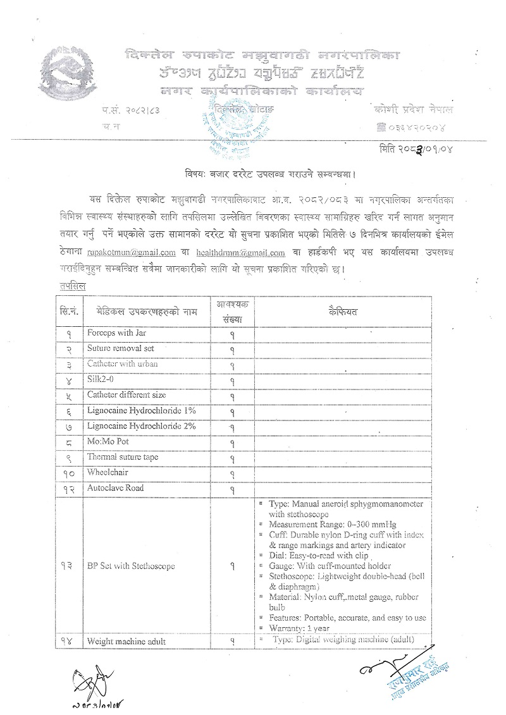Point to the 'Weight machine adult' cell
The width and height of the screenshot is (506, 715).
click(126, 641)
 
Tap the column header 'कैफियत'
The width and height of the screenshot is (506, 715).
click(342, 312)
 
